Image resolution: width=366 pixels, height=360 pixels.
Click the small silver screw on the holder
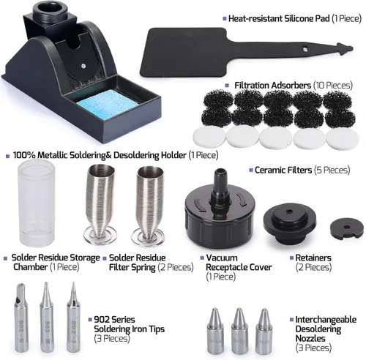(x=83, y=65)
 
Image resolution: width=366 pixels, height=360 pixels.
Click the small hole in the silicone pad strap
(x=305, y=49)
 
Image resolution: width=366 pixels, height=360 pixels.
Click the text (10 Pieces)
(x=333, y=86)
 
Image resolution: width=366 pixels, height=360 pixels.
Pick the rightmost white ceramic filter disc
(x=343, y=138)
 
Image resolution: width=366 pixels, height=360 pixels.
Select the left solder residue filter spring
(x=100, y=204)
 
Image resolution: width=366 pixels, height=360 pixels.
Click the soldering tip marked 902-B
(x=47, y=317)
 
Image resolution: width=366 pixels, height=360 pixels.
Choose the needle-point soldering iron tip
(x=73, y=317)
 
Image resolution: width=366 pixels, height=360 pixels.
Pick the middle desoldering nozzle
(x=239, y=331)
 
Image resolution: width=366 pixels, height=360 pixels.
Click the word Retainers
(x=313, y=258)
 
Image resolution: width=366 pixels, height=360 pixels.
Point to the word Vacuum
(x=222, y=258)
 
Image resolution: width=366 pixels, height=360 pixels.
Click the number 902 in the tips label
(x=102, y=320)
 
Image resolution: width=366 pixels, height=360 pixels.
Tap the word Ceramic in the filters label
(x=271, y=170)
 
